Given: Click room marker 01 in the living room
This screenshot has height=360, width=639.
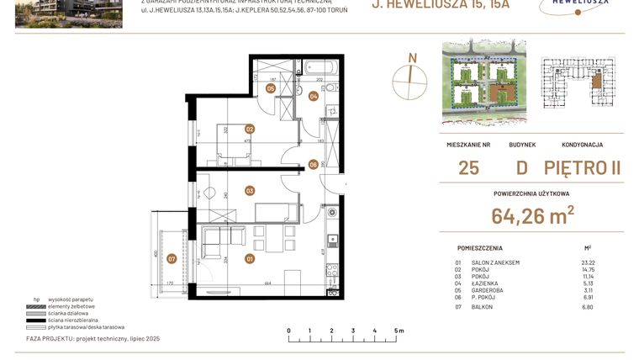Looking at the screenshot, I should [x=250, y=259].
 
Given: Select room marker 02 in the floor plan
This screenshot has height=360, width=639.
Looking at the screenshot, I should [x=250, y=129].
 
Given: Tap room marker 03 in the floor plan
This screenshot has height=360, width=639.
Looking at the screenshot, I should [x=250, y=191].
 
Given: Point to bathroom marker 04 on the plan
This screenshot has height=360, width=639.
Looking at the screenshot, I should [x=313, y=96].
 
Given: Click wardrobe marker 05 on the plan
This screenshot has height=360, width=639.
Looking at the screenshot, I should [x=271, y=87].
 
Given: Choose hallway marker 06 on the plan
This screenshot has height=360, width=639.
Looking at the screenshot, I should [x=313, y=164].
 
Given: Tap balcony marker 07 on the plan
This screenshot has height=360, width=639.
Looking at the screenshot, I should [x=172, y=259].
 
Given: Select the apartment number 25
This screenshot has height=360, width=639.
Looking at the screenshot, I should [x=469, y=167].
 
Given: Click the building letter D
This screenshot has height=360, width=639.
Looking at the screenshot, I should [x=522, y=167].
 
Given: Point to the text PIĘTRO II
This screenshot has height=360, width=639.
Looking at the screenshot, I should [x=582, y=167].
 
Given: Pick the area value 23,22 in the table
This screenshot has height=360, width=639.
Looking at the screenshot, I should [x=587, y=262].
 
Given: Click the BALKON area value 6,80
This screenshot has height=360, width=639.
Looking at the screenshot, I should [x=588, y=307].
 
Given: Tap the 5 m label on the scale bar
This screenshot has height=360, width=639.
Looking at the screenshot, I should [x=399, y=331].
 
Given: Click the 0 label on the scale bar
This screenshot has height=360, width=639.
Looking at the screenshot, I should [x=288, y=331].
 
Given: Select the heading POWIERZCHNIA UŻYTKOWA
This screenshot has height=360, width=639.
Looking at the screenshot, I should [x=532, y=193].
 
